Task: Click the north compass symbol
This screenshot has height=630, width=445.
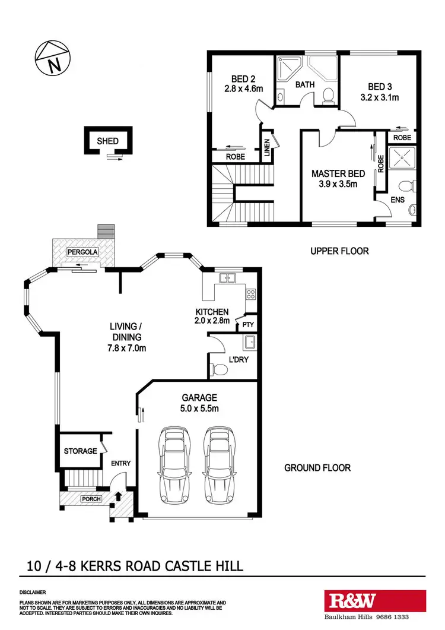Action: (53, 59)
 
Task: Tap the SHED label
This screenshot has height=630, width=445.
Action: (107, 141)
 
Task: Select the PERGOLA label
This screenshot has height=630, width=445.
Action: (82, 252)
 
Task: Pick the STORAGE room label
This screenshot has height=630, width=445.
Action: (80, 451)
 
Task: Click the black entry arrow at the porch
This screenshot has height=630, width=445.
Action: (118, 496)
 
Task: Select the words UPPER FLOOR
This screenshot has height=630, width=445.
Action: (339, 251)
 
